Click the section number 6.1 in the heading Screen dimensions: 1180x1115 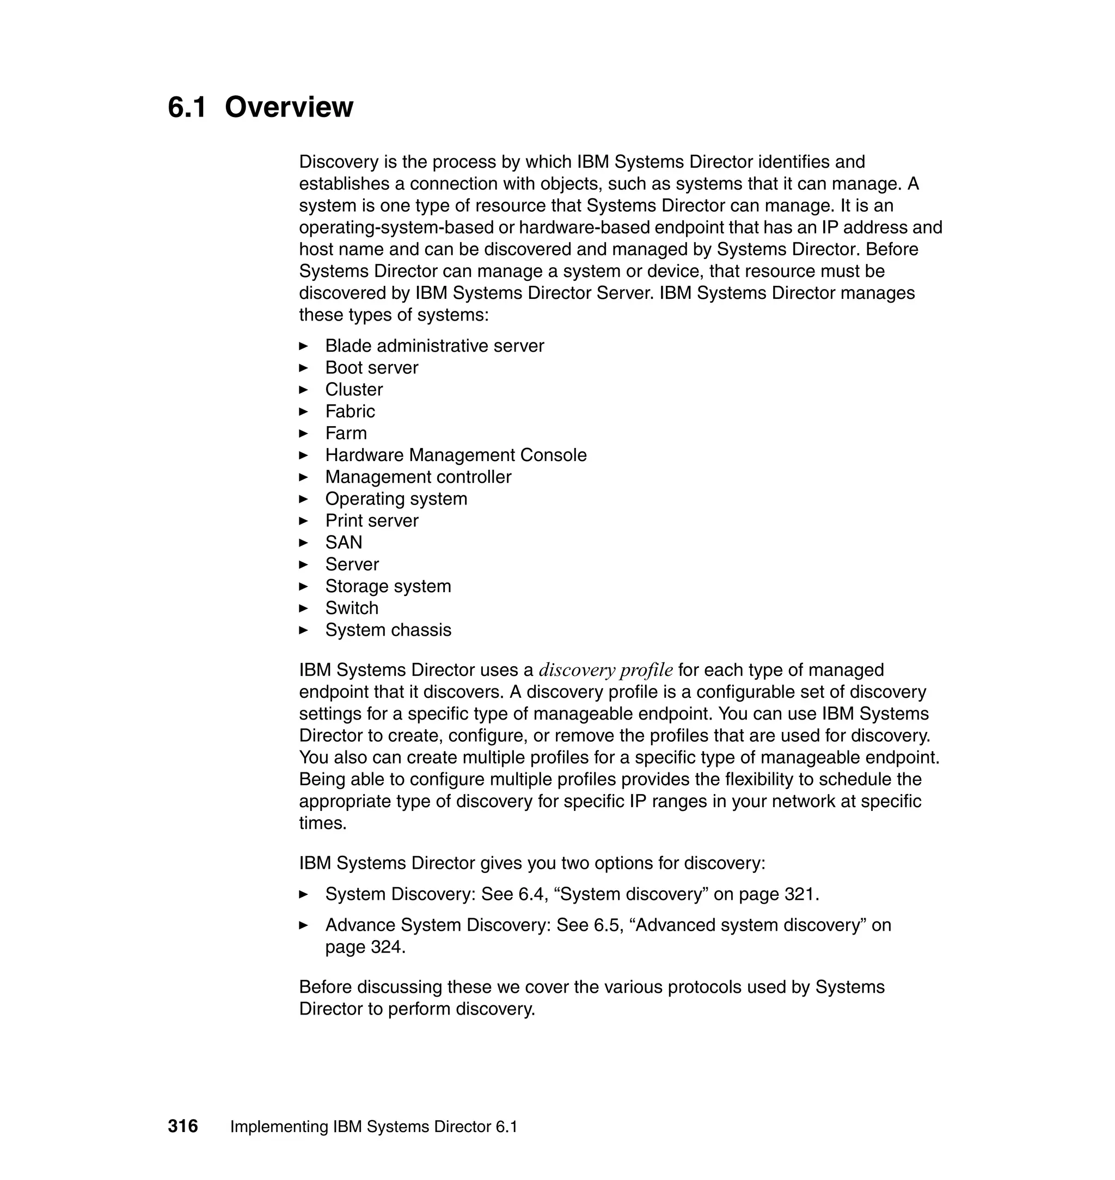coord(187,108)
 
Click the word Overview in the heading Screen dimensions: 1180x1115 coord(289,108)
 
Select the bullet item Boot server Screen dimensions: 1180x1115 coord(371,368)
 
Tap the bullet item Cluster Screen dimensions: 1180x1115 coord(354,390)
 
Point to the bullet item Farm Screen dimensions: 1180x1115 coord(346,434)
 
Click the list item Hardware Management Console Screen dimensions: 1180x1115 coord(456,455)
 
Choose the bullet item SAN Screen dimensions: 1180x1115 coord(344,543)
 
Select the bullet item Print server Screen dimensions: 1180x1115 coord(371,521)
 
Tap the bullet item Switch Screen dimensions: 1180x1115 coord(352,609)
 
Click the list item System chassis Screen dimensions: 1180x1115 coord(388,630)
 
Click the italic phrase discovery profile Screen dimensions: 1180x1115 coord(605,670)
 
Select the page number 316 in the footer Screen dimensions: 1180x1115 coord(183,1127)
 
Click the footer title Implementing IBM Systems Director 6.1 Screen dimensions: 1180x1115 coord(374,1127)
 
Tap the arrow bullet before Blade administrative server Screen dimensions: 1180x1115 coord(303,346)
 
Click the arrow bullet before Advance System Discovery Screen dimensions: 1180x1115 coord(303,926)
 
